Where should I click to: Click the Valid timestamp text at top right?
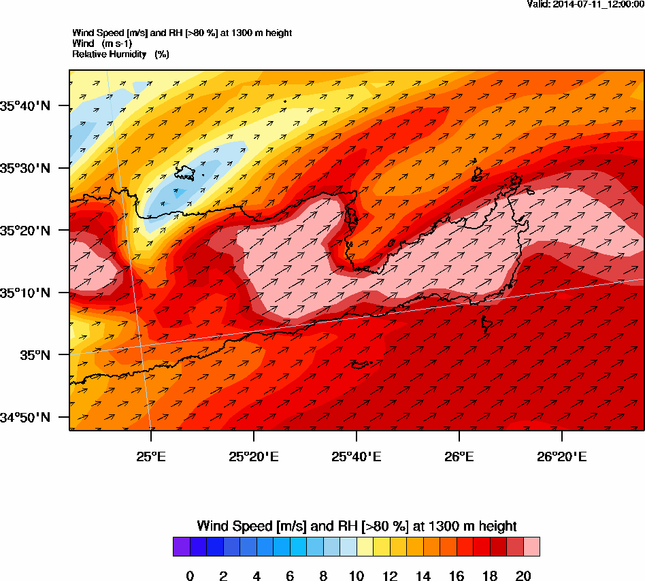click(x=586, y=4)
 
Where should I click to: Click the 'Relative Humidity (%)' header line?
click(x=120, y=54)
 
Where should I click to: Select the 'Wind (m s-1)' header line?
click(x=102, y=44)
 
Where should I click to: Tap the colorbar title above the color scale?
click(x=357, y=526)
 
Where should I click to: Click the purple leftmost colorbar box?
click(x=181, y=547)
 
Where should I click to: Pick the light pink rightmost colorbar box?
click(x=531, y=547)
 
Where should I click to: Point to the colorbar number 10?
click(x=356, y=576)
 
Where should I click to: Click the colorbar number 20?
click(x=523, y=576)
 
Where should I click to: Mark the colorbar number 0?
click(x=190, y=576)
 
